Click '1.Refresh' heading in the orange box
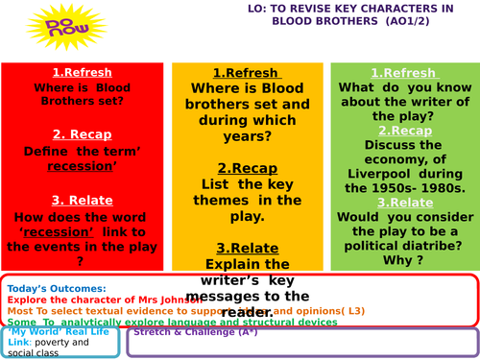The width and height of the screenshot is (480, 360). [246, 73]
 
